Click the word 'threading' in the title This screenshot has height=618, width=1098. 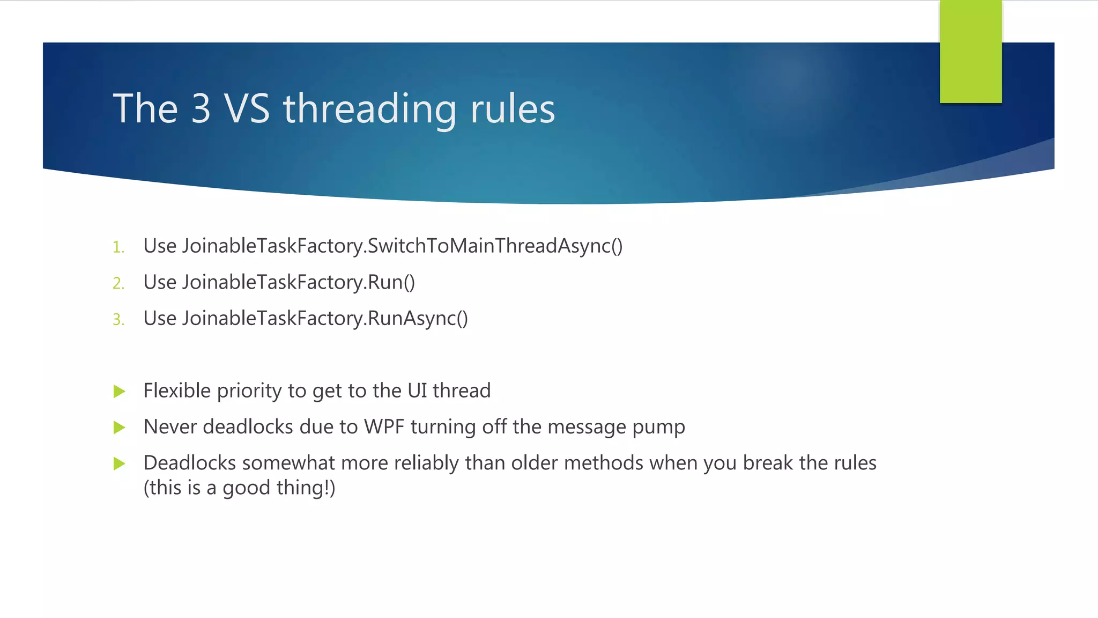coord(370,109)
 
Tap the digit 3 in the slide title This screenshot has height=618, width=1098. coord(201,109)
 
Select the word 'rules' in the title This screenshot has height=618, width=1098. coord(512,109)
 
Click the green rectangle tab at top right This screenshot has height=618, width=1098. coord(970,51)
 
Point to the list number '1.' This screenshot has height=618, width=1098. coord(118,247)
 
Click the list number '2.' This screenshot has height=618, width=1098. coord(118,283)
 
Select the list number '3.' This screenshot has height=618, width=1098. coord(118,320)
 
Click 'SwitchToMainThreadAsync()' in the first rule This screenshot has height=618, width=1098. coord(495,246)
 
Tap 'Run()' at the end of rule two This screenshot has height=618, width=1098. coord(391,282)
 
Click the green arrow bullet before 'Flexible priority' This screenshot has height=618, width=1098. coord(120,392)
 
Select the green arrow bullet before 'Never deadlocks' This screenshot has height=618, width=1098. coord(120,428)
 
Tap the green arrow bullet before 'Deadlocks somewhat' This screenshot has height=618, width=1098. coord(120,464)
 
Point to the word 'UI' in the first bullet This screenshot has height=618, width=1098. coord(417,391)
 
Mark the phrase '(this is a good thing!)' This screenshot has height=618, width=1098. coord(239,488)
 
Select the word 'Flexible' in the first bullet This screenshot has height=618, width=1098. coord(177,391)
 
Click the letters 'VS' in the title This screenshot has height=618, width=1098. coord(247,109)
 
